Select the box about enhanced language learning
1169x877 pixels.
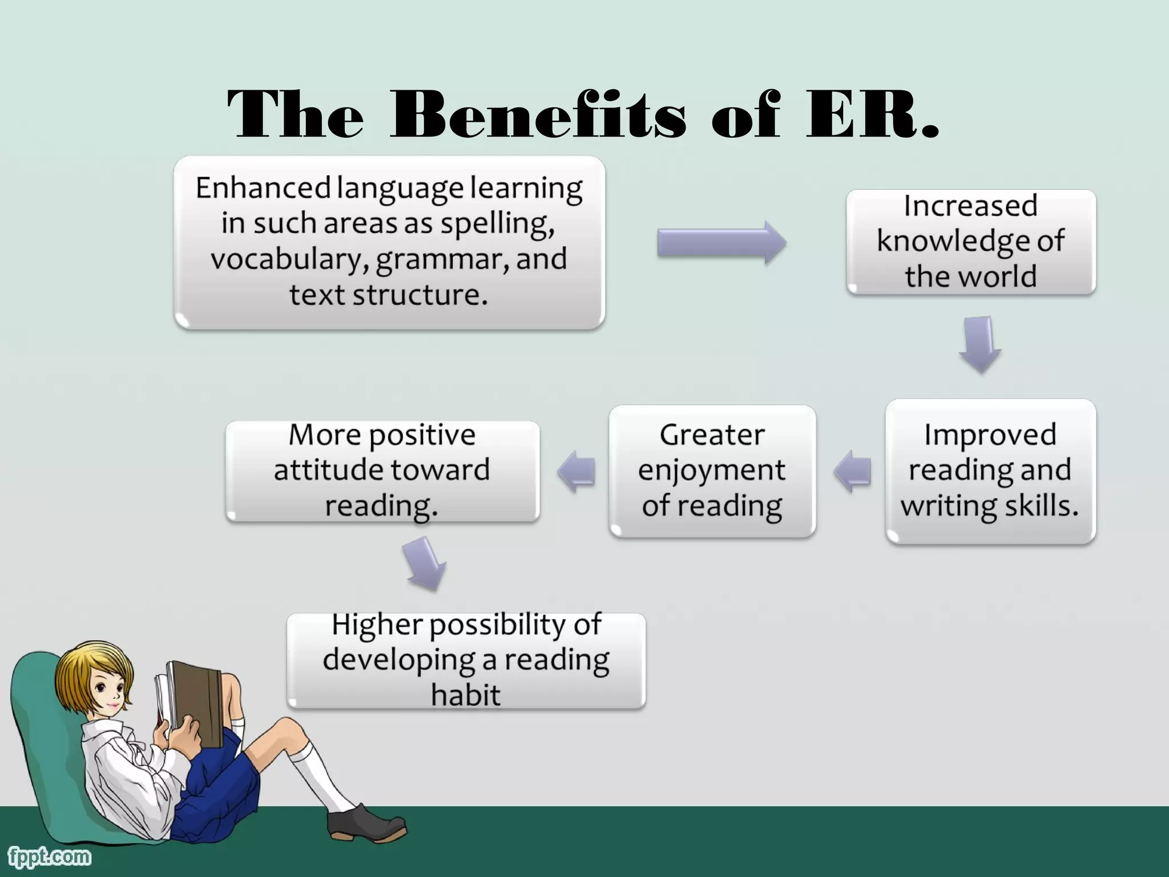pos(389,242)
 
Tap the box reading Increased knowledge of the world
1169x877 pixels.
pos(970,242)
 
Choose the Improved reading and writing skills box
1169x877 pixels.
pos(990,470)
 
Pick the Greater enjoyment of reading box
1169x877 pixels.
pos(712,470)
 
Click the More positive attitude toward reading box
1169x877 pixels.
pos(382,470)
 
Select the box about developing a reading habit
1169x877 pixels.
pos(466,661)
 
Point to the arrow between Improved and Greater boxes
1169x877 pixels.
pos(853,472)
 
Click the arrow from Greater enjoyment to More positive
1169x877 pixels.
pos(577,472)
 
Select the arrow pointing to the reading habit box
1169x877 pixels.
pos(425,564)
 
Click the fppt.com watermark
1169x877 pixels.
pos(49,856)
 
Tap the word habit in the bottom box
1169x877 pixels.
pos(466,695)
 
